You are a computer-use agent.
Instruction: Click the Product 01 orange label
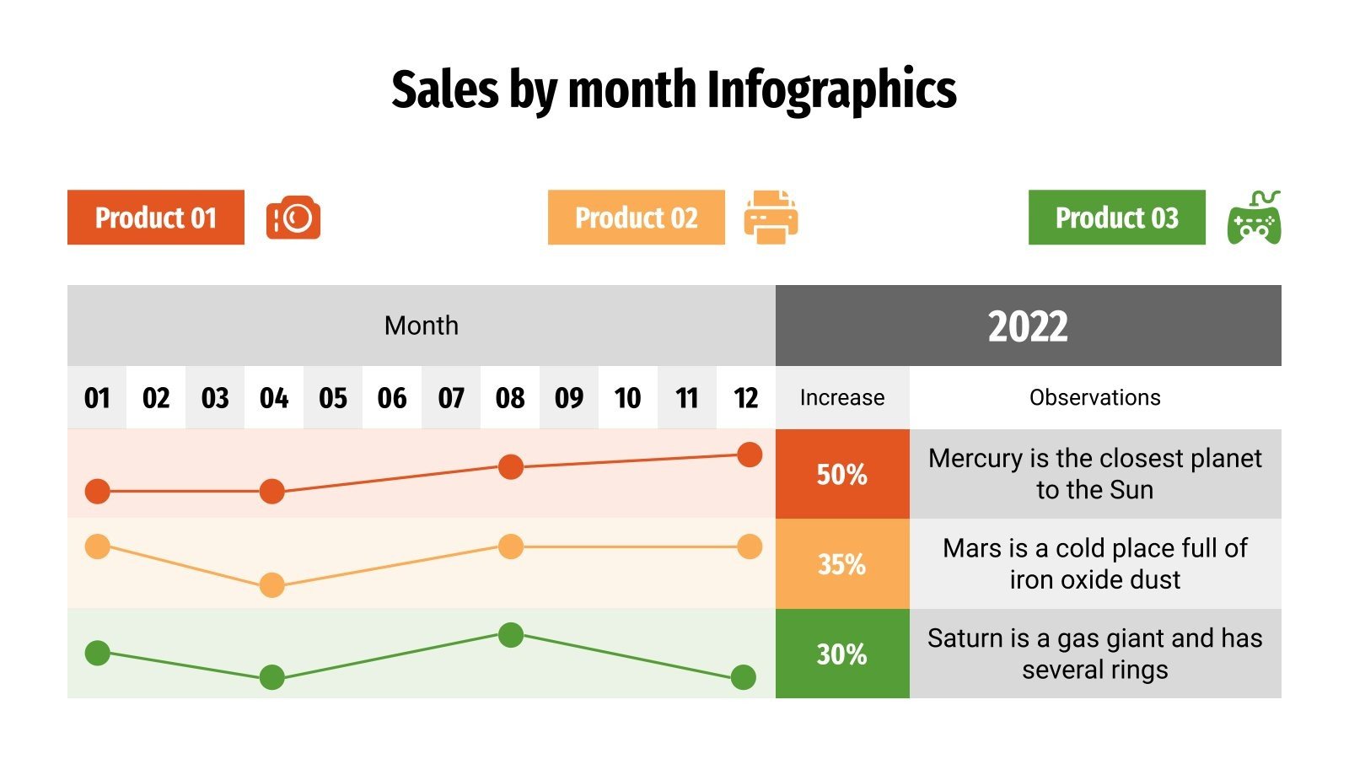click(156, 218)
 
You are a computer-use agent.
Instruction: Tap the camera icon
click(293, 218)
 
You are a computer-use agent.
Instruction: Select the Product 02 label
click(637, 218)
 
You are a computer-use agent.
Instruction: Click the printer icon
click(771, 218)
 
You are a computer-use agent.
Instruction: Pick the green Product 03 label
click(1117, 218)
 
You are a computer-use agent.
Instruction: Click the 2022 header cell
click(1028, 326)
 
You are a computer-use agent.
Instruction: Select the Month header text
click(422, 326)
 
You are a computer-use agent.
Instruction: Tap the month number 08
click(510, 398)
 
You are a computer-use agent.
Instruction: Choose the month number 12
click(745, 398)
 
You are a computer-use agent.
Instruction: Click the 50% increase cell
click(842, 474)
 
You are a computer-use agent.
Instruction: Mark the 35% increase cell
click(842, 563)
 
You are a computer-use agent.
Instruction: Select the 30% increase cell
click(842, 654)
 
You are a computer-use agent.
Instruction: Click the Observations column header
click(1094, 397)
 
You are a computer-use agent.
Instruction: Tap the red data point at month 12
click(749, 455)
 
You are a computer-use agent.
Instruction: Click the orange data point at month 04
click(271, 584)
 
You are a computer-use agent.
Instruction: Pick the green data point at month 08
click(510, 635)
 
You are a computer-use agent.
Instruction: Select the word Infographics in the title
click(830, 90)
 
